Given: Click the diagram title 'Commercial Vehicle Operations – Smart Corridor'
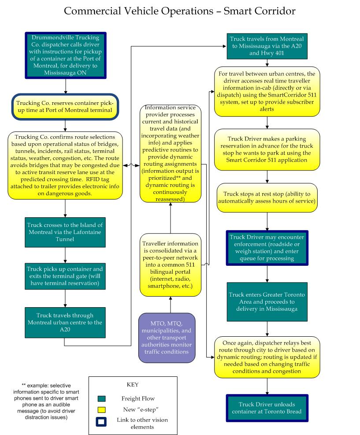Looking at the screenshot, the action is click(180, 11).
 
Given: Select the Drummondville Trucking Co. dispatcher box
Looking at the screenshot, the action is click(66, 55).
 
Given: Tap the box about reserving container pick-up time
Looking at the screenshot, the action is click(65, 107).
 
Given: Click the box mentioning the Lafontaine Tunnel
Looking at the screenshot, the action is click(65, 232).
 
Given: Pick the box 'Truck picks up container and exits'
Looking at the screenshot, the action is click(65, 276).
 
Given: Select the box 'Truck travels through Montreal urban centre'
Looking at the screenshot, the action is click(65, 323).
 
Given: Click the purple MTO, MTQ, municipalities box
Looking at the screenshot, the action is click(167, 338).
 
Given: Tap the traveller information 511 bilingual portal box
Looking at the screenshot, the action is click(170, 265).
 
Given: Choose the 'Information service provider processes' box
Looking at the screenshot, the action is click(170, 153).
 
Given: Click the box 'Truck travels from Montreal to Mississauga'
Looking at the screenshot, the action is click(267, 46).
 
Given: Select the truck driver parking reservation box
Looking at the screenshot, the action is click(267, 149).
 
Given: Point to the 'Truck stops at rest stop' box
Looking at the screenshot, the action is click(267, 198).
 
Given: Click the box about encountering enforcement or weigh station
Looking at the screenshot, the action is click(267, 248).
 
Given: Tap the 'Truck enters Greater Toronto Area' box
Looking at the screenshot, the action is click(267, 302).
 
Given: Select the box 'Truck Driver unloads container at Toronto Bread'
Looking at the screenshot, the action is click(267, 408).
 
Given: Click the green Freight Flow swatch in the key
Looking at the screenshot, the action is click(101, 399).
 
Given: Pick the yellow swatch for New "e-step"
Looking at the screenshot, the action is click(101, 410).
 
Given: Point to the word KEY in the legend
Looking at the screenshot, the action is click(133, 384).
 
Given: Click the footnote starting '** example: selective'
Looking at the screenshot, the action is click(46, 402).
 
